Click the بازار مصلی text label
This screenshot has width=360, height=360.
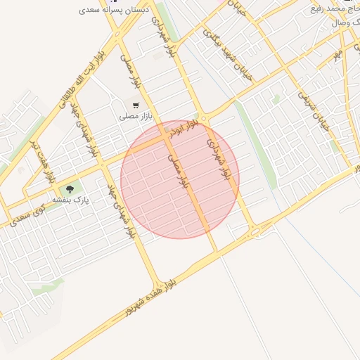pyautogui.click(x=133, y=115)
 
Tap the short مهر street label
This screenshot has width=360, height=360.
pyautogui.click(x=338, y=53)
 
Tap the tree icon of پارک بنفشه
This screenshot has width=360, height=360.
pyautogui.click(x=70, y=189)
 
